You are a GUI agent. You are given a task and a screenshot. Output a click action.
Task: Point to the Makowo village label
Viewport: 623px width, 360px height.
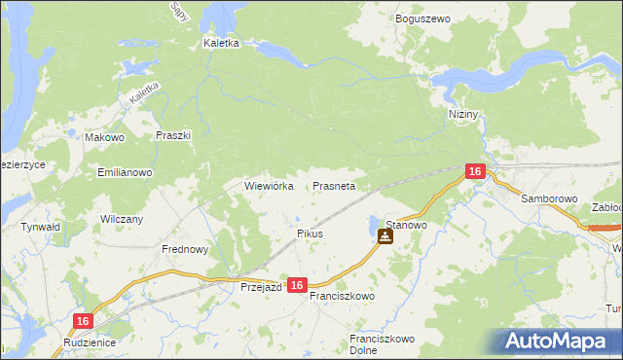104,138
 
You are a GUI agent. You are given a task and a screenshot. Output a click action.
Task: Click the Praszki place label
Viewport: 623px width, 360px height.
172,136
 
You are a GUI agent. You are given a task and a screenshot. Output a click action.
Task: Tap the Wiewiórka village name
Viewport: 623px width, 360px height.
269,186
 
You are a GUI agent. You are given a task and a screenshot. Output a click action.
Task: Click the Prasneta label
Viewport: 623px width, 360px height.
334,186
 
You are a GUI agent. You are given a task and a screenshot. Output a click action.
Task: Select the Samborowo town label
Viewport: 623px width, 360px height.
549,198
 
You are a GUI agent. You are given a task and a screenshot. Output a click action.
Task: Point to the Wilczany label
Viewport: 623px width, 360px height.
122,219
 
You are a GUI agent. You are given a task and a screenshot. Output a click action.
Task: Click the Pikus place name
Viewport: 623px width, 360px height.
310,234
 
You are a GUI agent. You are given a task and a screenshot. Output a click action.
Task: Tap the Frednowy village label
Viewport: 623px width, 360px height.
185,249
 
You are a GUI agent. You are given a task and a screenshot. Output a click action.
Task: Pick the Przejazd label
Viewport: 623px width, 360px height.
261,287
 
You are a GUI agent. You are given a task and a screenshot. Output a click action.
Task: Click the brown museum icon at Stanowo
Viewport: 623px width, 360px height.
385,235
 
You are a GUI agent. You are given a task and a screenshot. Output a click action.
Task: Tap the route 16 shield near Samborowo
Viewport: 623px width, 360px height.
474,171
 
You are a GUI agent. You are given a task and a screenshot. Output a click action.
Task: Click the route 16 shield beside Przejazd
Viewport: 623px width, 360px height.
298,285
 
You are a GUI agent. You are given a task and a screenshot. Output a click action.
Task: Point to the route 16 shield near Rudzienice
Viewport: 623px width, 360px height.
84,321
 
